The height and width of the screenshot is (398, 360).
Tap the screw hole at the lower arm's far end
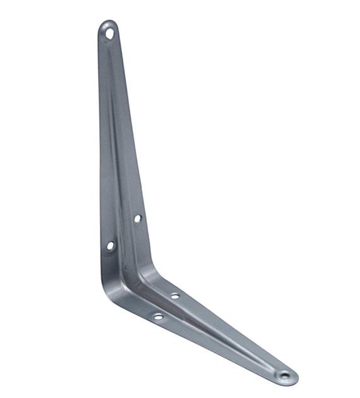tap(285, 376)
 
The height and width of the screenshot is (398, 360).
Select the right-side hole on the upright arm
tap(137, 219)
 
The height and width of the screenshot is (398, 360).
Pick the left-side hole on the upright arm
tap(111, 245)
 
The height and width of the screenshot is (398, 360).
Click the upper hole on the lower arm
tap(175, 296)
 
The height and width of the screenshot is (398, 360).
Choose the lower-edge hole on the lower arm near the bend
tap(158, 316)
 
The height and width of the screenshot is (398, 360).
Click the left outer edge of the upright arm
tap(100, 158)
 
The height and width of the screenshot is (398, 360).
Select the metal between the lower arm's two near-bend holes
tap(166, 306)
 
